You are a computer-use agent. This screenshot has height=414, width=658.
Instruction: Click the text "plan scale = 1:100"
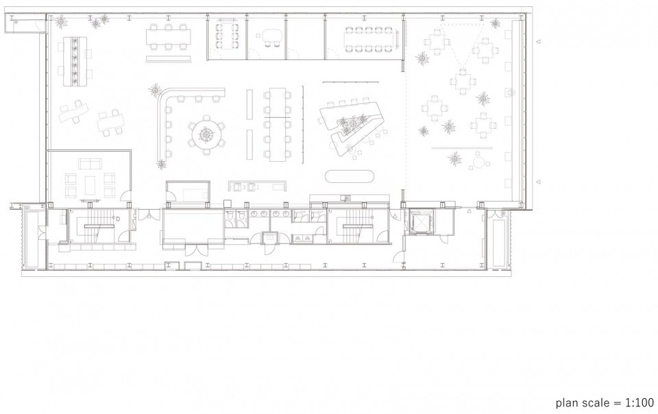pyautogui.click(x=605, y=402)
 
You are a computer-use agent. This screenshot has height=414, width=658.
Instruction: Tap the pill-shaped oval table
pyautogui.click(x=349, y=176)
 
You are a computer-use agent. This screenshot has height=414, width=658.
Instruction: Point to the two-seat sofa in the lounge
pyautogui.click(x=90, y=164)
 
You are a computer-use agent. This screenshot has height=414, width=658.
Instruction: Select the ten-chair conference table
pyautogui.click(x=369, y=40)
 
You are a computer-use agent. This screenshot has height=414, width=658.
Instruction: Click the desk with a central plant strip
pyautogui.click(x=75, y=62)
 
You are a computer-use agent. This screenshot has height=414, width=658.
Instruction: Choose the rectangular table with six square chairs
pyautogui.click(x=169, y=36)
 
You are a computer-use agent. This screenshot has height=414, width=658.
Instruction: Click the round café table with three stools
pyautogui.click(x=478, y=161)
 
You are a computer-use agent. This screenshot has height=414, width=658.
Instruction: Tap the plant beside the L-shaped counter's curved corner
pyautogui.click(x=156, y=90)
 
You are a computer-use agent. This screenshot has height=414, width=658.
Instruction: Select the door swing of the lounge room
pyautogui.click(x=125, y=195)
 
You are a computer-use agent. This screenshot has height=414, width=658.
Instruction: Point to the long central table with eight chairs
pyautogui.click(x=277, y=124)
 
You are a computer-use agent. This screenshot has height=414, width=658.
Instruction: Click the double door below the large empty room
pyautogui.click(x=197, y=250)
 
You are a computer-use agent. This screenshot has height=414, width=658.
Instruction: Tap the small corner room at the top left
pyautogui.click(x=25, y=24)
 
